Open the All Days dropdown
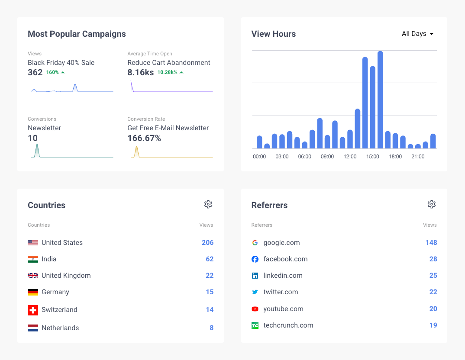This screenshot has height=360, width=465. click(x=417, y=34)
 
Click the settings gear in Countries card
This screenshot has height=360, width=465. click(x=208, y=204)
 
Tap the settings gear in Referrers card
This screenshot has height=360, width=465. click(x=432, y=204)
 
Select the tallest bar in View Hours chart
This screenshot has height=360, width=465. click(x=380, y=100)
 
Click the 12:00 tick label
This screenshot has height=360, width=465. click(x=350, y=157)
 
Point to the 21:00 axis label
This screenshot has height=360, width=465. click(x=418, y=157)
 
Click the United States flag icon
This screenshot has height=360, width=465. click(x=33, y=243)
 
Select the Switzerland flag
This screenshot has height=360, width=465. click(x=33, y=310)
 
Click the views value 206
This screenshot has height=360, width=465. click(x=207, y=243)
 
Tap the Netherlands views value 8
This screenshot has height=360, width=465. click(x=211, y=328)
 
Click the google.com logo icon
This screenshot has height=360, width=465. click(x=255, y=243)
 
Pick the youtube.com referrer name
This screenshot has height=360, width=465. click(x=283, y=309)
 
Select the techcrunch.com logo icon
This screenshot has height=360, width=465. click(x=255, y=325)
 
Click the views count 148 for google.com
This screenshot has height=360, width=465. click(x=431, y=243)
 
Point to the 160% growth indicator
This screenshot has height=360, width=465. click(x=55, y=73)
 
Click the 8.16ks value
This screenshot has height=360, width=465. click(x=140, y=73)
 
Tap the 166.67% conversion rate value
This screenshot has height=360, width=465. click(x=144, y=138)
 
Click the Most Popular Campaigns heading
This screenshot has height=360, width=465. click(x=77, y=34)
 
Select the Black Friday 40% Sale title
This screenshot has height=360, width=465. click(x=61, y=63)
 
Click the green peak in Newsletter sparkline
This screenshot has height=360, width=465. click(x=37, y=147)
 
